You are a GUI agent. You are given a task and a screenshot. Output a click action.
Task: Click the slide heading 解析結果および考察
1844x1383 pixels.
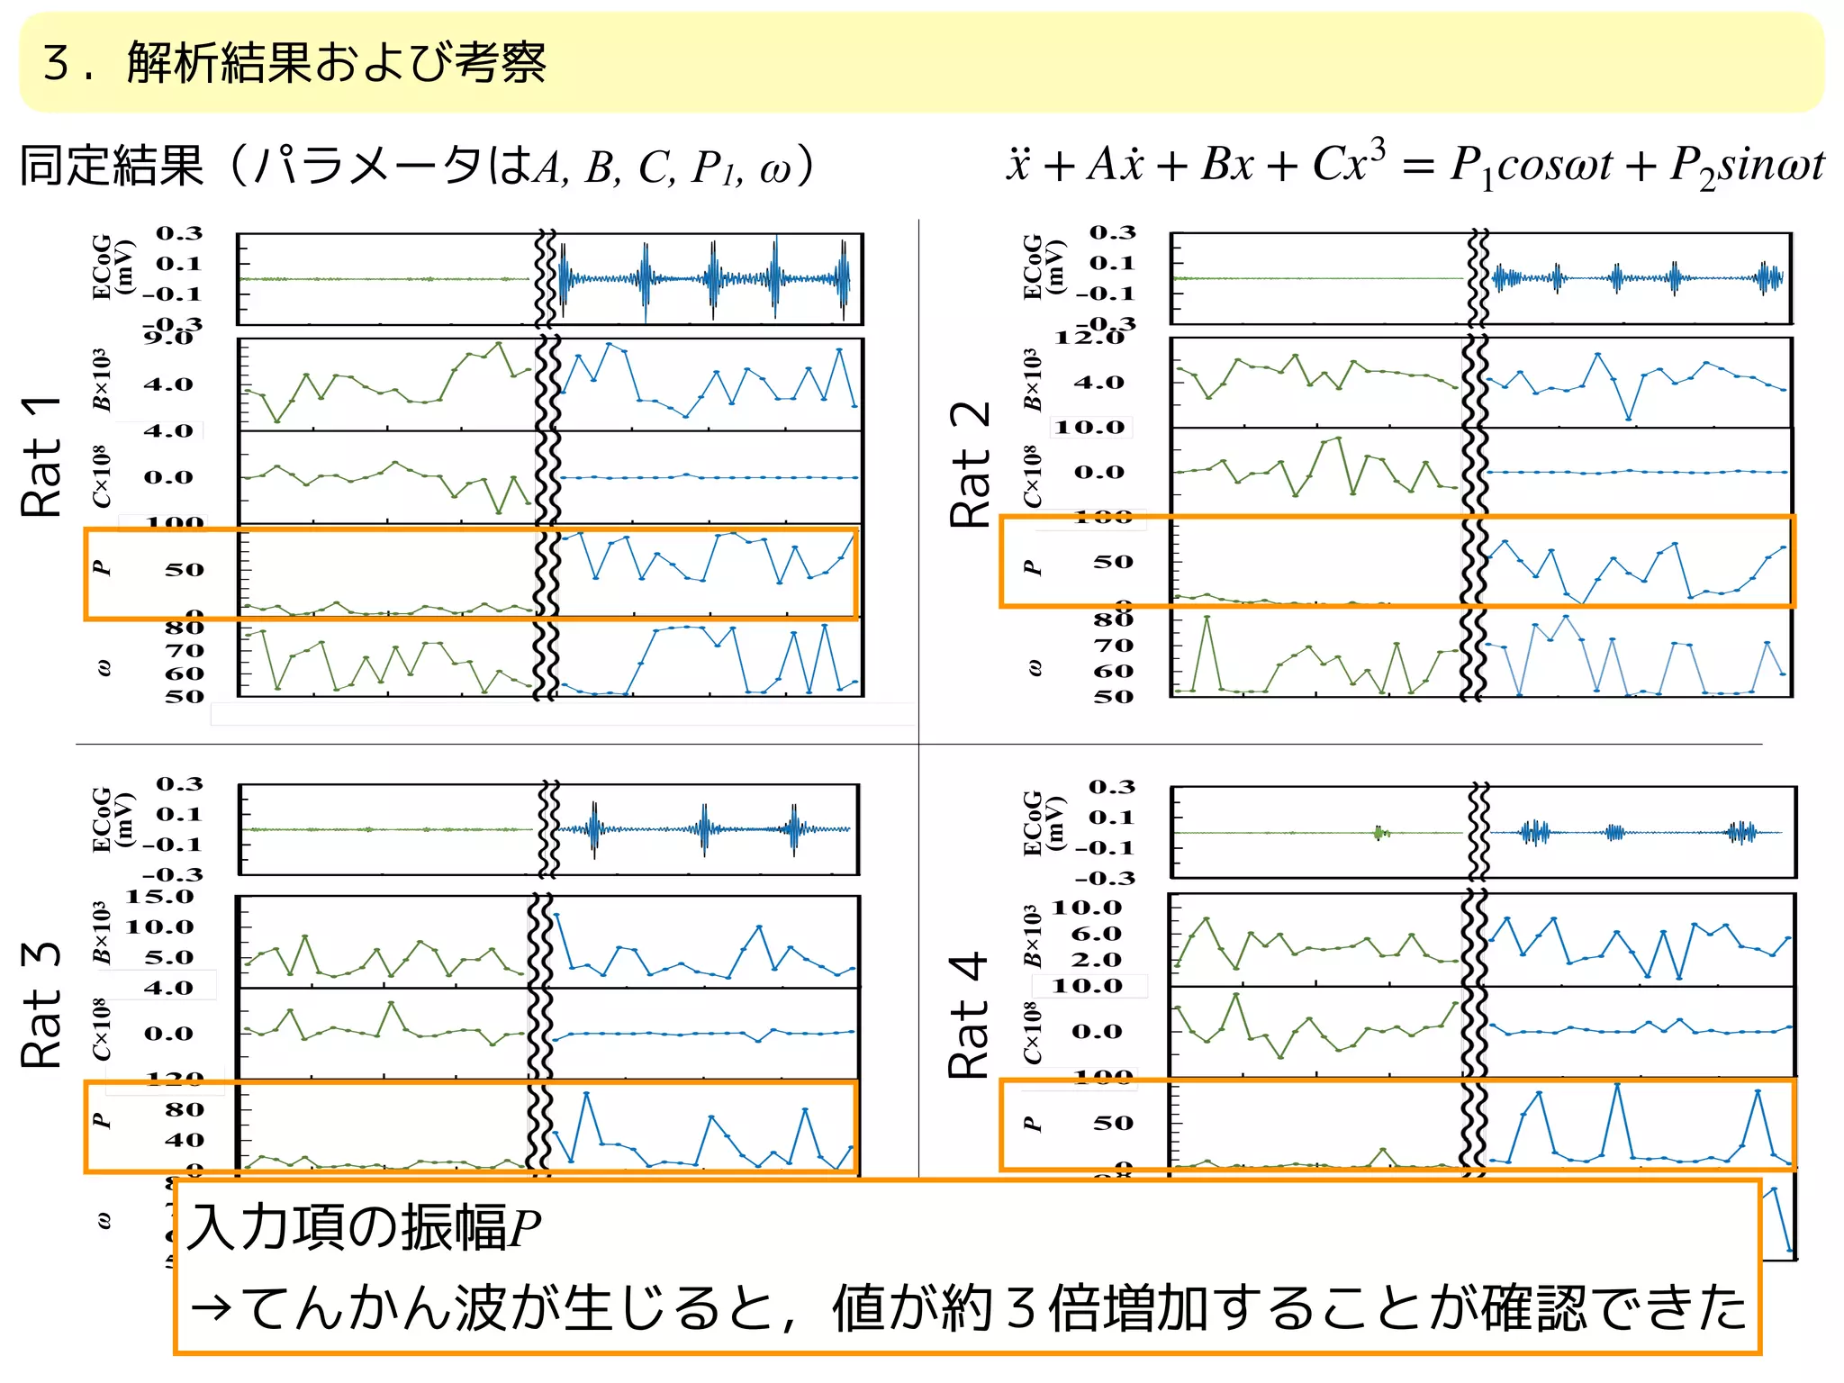pyautogui.click(x=336, y=63)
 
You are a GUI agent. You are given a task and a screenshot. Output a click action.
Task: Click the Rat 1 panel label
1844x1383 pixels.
pyautogui.click(x=41, y=456)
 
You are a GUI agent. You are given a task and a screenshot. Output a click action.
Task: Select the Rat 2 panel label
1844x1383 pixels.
pyautogui.click(x=971, y=465)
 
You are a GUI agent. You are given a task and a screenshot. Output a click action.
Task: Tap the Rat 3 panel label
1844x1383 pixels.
pyautogui.click(x=41, y=1005)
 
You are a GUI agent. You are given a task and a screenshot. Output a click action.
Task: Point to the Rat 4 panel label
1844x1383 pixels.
pyautogui.click(x=971, y=1016)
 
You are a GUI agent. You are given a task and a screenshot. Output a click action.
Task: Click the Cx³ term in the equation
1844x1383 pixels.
pyautogui.click(x=1348, y=163)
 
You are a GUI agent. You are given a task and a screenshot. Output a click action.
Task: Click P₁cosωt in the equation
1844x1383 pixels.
pyautogui.click(x=1531, y=167)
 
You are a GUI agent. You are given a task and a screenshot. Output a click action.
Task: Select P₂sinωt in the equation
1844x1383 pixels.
pyautogui.click(x=1747, y=167)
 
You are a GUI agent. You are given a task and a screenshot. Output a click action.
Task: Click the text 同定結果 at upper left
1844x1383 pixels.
pyautogui.click(x=113, y=167)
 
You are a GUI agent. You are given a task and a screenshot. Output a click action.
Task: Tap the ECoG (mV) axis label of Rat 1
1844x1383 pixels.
pyautogui.click(x=112, y=267)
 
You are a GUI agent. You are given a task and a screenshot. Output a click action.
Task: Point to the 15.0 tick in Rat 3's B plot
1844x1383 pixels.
pyautogui.click(x=159, y=897)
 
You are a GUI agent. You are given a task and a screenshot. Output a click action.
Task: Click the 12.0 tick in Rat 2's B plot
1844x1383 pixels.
pyautogui.click(x=1090, y=338)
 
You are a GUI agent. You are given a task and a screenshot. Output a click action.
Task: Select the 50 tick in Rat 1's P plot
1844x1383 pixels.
pyautogui.click(x=184, y=570)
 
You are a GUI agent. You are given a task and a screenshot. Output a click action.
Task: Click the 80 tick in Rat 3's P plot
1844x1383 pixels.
pyautogui.click(x=184, y=1110)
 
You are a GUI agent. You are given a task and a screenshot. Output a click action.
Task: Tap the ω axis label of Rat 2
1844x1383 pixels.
pyautogui.click(x=1035, y=668)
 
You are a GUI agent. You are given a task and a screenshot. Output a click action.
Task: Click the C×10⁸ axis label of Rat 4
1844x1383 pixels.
pyautogui.click(x=1032, y=1032)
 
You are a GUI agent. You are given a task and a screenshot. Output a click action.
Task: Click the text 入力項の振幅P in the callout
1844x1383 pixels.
pyautogui.click(x=364, y=1228)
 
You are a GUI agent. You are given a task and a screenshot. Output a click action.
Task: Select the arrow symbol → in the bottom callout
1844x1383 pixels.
pyautogui.click(x=212, y=1307)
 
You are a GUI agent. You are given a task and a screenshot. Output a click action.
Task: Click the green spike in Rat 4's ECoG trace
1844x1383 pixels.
pyautogui.click(x=1378, y=833)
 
